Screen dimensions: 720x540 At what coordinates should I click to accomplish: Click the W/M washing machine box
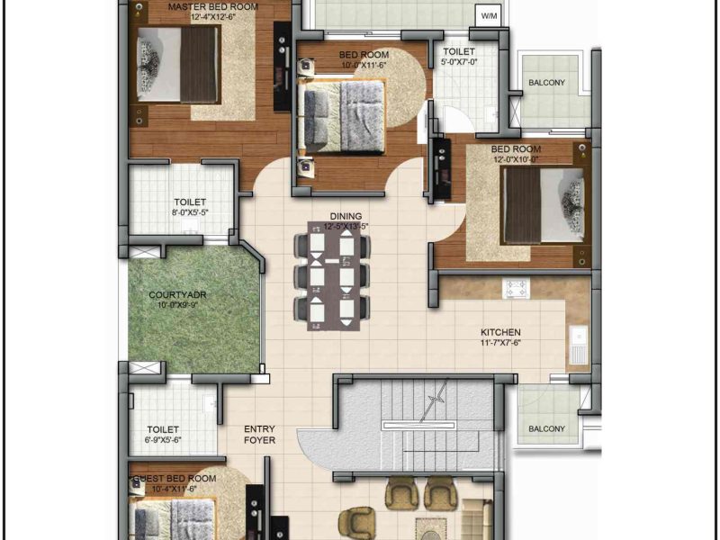[489, 16]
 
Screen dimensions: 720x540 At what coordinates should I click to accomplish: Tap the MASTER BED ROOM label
[213, 7]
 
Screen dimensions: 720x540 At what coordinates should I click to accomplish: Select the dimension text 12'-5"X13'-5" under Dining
[346, 227]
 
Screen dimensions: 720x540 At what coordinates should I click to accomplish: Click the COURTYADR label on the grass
[177, 295]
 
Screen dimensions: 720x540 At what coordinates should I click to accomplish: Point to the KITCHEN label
[500, 332]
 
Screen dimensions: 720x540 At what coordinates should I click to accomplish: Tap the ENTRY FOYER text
[259, 435]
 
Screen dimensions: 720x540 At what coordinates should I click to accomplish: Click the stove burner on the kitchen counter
[516, 288]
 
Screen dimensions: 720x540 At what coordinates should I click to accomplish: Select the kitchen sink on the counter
[579, 345]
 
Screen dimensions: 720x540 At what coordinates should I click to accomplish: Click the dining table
[334, 276]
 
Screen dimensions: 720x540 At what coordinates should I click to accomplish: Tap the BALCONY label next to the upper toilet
[546, 83]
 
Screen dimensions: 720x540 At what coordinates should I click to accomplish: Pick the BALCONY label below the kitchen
[546, 429]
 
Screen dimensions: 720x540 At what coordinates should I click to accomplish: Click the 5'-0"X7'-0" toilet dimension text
[459, 61]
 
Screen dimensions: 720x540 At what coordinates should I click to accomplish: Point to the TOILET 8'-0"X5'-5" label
[190, 207]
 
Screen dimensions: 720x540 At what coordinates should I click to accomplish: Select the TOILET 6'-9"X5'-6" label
[163, 434]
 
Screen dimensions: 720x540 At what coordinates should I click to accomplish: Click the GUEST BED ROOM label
[175, 479]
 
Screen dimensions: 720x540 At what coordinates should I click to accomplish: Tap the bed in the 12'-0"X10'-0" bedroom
[543, 205]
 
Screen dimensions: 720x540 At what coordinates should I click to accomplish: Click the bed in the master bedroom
[177, 65]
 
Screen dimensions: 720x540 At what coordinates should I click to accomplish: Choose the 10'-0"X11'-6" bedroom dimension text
[364, 65]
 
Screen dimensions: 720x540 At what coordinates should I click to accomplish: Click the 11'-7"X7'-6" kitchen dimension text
[500, 343]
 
